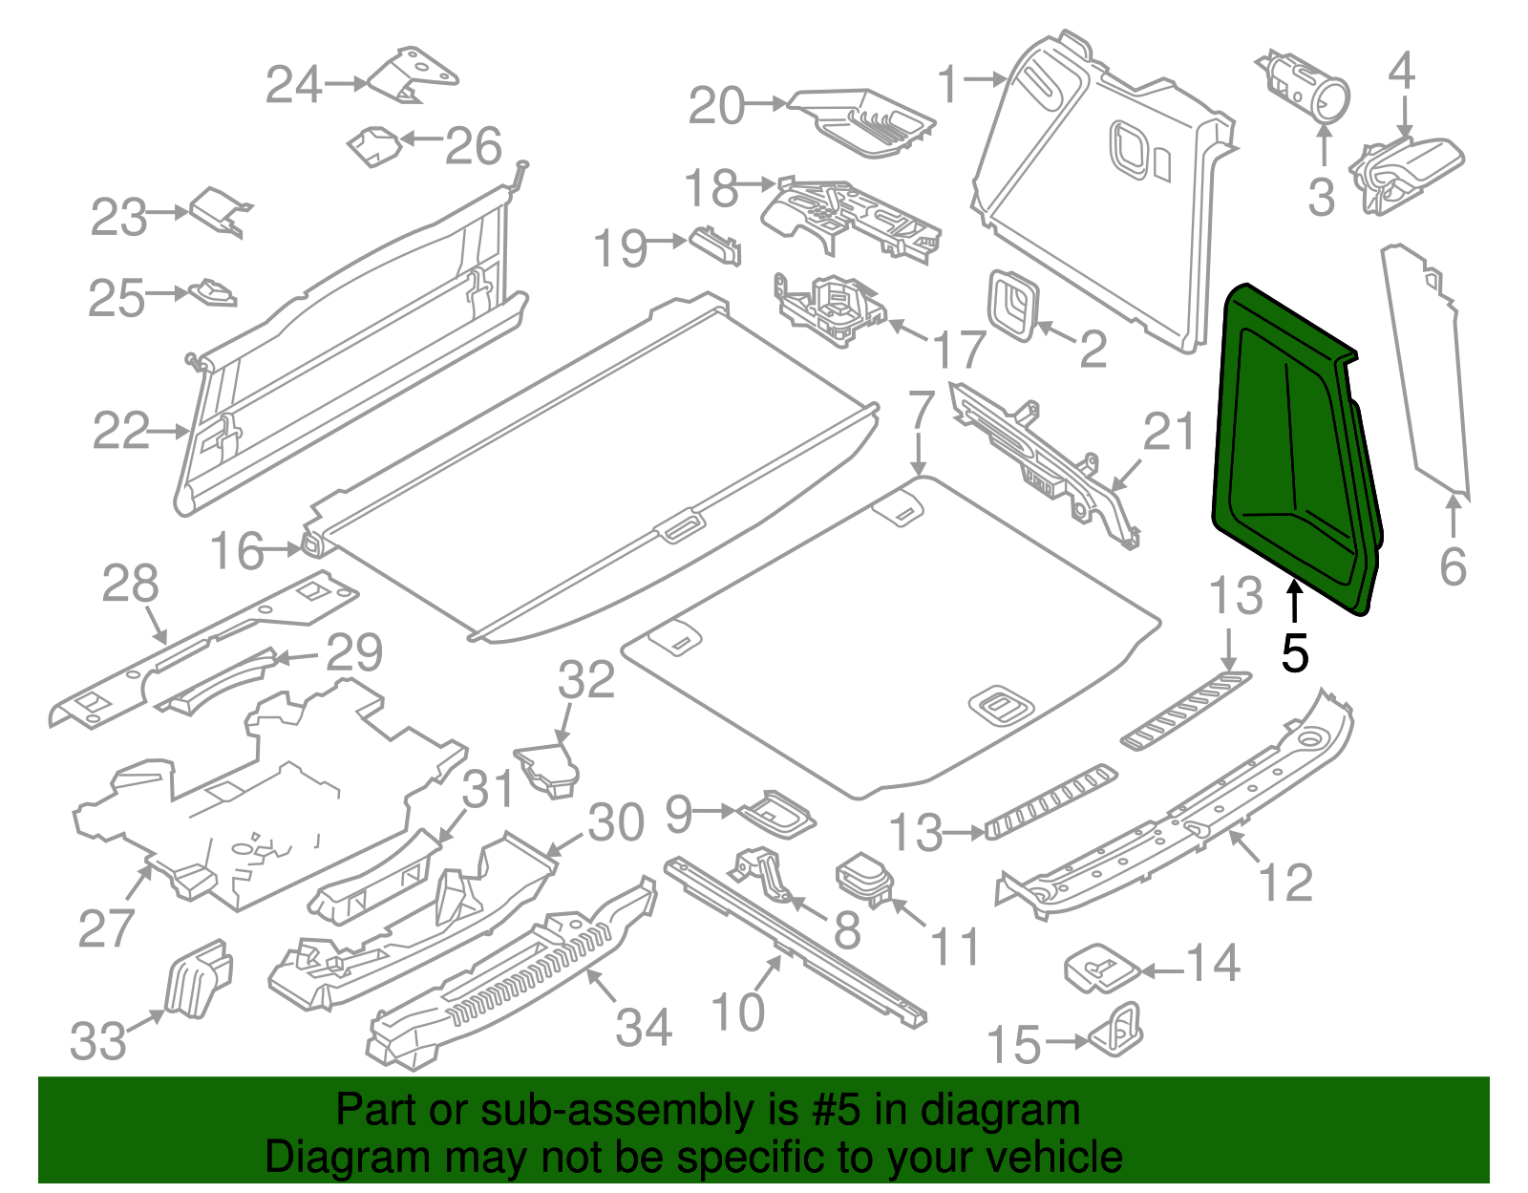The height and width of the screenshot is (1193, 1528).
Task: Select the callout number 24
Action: click(x=293, y=85)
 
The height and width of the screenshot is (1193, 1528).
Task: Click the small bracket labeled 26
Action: click(x=373, y=146)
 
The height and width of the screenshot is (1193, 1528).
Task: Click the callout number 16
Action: click(x=236, y=551)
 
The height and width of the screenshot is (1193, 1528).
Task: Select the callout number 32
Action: click(x=586, y=680)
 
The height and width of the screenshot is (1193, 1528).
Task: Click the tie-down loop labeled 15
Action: click(x=1118, y=1029)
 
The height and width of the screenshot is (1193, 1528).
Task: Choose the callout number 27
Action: click(x=106, y=927)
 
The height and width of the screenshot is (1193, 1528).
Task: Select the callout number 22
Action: click(x=120, y=431)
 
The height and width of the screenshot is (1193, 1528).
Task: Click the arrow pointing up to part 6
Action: click(x=1453, y=516)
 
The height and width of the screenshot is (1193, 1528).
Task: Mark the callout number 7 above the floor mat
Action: click(x=920, y=409)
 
